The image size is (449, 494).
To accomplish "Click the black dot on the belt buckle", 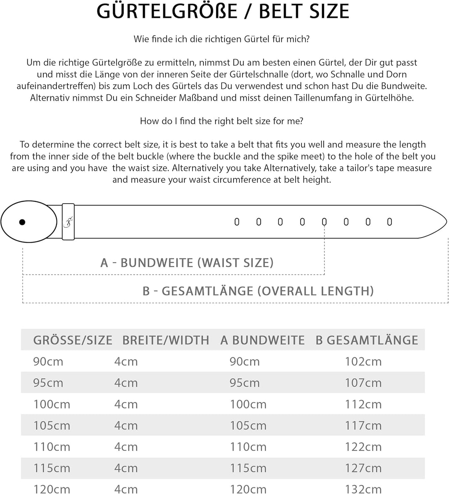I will pos(22,222).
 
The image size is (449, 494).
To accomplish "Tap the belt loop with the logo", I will pos(68,222).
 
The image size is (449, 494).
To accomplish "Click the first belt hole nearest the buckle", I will pos(237,222).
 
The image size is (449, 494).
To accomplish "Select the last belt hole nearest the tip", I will pos(390,222).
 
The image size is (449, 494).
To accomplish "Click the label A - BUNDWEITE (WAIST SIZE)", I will pos(187,263).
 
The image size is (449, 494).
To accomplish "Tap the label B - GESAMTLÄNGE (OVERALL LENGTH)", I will pos(258,291).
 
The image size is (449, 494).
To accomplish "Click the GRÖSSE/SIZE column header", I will pos(73,340).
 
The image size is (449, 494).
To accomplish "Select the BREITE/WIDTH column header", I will pos(165,340).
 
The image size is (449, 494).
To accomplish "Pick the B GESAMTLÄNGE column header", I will pos(367,340).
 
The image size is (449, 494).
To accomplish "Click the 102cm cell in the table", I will pos(363,361).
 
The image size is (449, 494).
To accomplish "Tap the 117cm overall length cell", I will pos(363,425).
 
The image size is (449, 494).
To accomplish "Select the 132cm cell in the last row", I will pos(363,489).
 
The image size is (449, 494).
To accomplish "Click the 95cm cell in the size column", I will pos(48,383).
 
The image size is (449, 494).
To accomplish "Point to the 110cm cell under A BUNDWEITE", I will pos(248,447).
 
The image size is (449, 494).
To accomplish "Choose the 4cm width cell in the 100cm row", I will pos(126,404).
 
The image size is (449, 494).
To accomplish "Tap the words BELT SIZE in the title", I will pos(304,12).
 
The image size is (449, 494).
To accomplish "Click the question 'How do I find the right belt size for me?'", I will pos(222,121).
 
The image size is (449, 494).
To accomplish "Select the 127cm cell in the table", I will pos(363,468).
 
